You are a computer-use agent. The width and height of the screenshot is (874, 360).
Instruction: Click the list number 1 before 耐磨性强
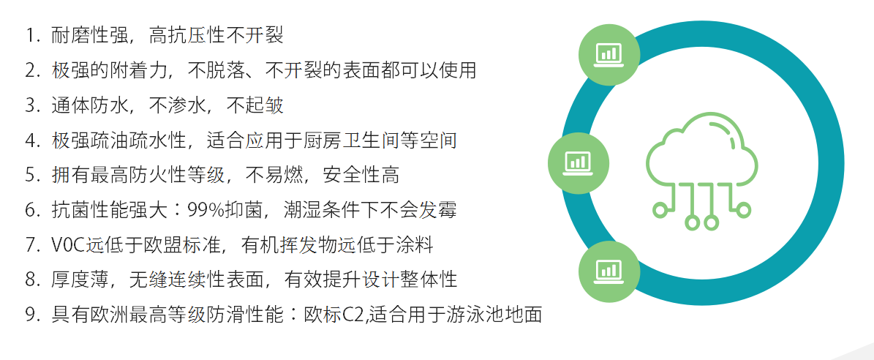(30, 37)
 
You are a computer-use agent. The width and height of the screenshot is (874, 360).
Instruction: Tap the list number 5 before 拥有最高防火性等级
(30, 176)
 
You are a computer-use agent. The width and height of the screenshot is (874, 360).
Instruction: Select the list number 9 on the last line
(30, 315)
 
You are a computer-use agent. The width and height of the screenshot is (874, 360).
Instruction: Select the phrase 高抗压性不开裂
(216, 37)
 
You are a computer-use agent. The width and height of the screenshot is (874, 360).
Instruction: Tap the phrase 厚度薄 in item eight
(78, 280)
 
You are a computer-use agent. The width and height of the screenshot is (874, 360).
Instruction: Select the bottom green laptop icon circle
(608, 271)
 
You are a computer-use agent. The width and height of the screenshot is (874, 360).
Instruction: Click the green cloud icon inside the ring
(702, 172)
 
